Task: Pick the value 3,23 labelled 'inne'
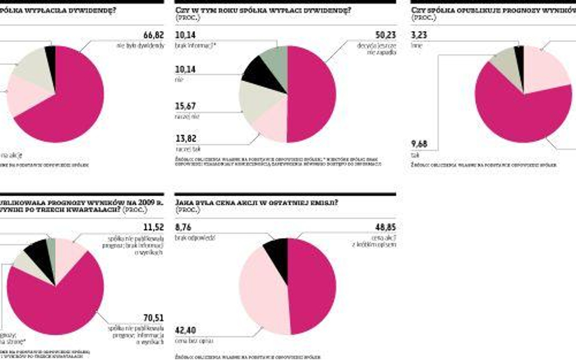pyautogui.click(x=420, y=36)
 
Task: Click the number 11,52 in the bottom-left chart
pyautogui.click(x=154, y=227)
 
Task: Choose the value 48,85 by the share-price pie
pyautogui.click(x=385, y=227)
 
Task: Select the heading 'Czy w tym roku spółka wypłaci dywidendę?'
pyautogui.click(x=262, y=10)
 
